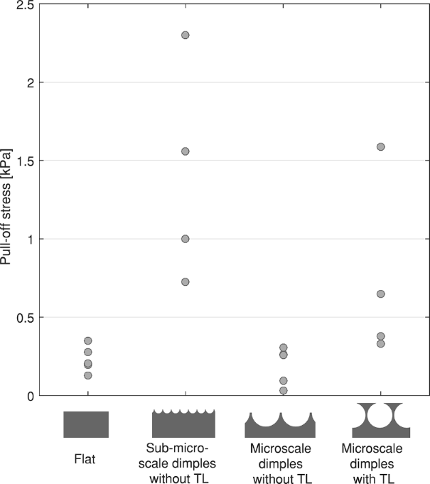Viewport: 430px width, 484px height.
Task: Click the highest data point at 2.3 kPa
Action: coord(186,35)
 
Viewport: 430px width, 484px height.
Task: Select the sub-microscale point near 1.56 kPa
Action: coord(186,151)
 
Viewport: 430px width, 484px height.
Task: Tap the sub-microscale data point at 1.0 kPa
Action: coord(186,239)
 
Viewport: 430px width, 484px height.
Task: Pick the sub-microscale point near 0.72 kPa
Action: coord(186,282)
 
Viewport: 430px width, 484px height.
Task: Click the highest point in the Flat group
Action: coord(88,341)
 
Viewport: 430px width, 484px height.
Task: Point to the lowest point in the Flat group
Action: coord(88,375)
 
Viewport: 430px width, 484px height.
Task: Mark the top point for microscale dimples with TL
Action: coord(381,147)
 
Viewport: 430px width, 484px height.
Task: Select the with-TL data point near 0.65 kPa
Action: coord(381,294)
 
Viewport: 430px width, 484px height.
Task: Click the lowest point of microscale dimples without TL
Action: coord(284,390)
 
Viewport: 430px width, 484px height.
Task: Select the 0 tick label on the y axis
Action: coord(29,396)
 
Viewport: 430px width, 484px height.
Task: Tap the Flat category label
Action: coord(86,459)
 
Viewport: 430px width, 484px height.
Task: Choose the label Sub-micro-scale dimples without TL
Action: coord(184,463)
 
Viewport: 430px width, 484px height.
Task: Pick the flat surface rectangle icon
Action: coord(86,424)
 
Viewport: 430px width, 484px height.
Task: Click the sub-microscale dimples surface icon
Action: coord(184,424)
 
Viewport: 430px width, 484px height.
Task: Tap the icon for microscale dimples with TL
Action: coord(382,420)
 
